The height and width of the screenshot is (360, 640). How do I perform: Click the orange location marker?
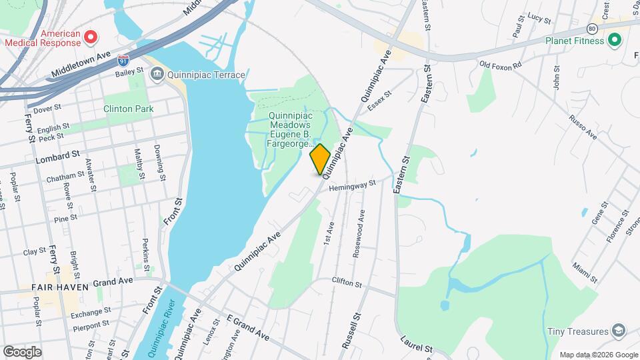click(x=321, y=159)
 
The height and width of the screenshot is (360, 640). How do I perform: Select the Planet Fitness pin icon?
click(x=614, y=40)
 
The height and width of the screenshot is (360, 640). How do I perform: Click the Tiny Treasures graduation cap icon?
click(x=619, y=331)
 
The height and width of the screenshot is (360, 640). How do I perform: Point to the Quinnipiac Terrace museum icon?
click(x=157, y=75)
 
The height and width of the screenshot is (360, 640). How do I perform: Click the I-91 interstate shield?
click(x=122, y=60)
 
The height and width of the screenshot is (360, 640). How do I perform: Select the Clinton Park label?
click(x=129, y=109)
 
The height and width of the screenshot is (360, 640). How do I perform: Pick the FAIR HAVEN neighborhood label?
click(x=55, y=287)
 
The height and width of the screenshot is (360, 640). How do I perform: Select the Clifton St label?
click(x=346, y=283)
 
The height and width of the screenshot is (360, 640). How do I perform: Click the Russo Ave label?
click(x=583, y=127)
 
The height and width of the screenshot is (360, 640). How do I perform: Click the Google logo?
click(x=22, y=351)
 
